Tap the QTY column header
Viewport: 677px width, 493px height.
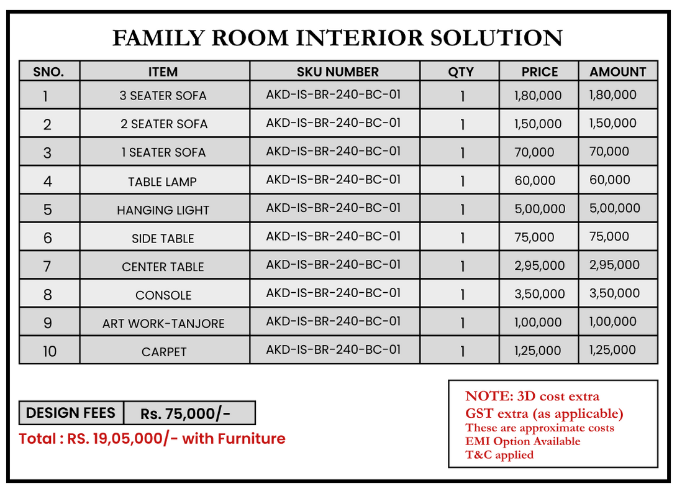[x=461, y=71]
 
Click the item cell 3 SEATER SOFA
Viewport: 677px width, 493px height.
[x=163, y=96]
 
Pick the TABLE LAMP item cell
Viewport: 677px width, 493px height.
[x=163, y=182]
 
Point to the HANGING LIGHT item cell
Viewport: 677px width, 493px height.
[x=163, y=210]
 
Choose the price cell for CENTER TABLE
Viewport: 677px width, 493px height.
[x=540, y=265]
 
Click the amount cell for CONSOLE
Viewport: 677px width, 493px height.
[x=614, y=293]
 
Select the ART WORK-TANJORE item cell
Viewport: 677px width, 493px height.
[x=163, y=323]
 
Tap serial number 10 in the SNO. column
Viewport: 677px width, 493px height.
[x=49, y=351]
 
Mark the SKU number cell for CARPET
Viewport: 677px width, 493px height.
[x=334, y=349]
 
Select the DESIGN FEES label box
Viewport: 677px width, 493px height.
[x=71, y=413]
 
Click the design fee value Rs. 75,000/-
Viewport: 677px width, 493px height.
[x=186, y=413]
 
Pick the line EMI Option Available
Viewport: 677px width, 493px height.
[x=523, y=441]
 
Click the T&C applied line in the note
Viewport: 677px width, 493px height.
[x=499, y=455]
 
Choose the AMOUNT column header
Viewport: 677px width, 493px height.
[x=617, y=71]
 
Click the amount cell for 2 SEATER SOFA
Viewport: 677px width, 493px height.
[x=613, y=123]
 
